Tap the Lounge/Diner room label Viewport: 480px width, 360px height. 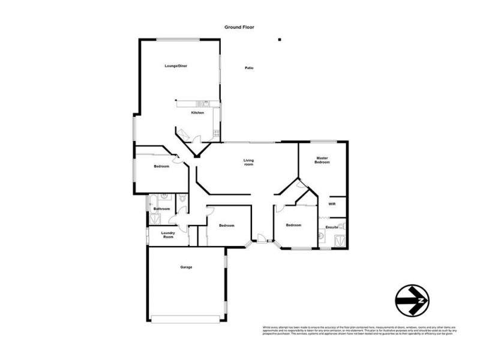[x=176, y=65]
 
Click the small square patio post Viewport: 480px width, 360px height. [x=279, y=40]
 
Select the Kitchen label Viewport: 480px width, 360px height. [x=197, y=113]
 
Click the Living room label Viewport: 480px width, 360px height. [x=248, y=162]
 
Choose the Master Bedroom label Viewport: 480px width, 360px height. [x=323, y=160]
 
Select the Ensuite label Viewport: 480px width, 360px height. [x=331, y=227]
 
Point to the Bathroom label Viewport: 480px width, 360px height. [x=161, y=209]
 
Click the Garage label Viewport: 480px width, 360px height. [x=186, y=267]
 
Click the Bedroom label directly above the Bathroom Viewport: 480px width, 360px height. [x=161, y=166]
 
